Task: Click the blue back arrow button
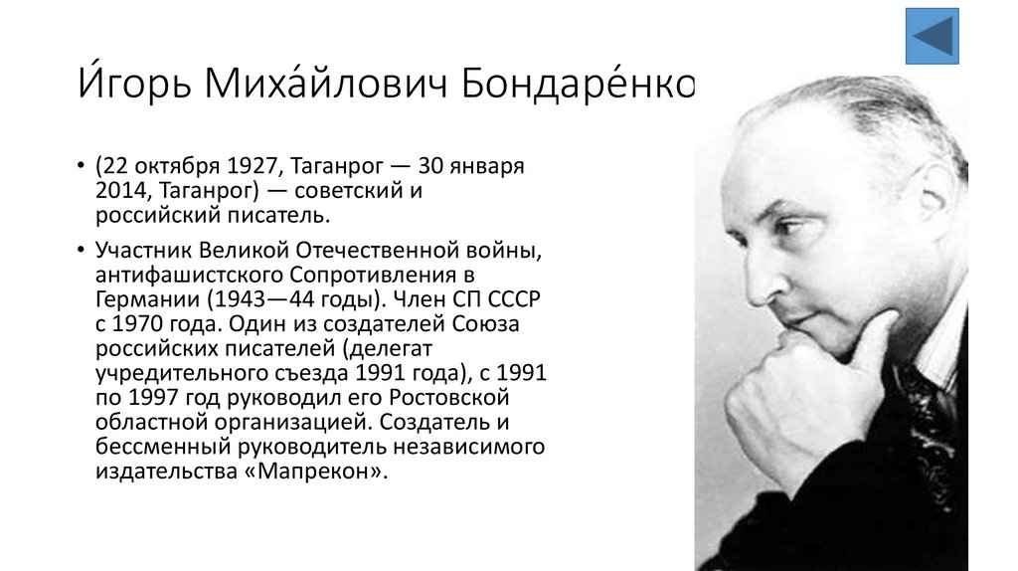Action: [x=932, y=37]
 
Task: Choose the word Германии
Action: [x=144, y=298]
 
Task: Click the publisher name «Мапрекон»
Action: [x=319, y=474]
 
